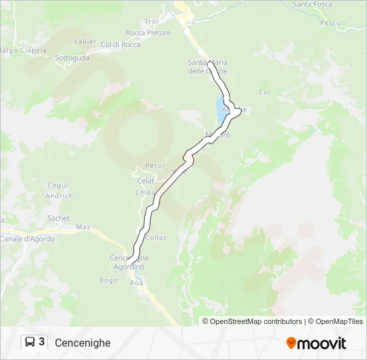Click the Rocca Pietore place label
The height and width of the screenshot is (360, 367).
[x=147, y=33]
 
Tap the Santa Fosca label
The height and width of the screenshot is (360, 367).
[x=312, y=4]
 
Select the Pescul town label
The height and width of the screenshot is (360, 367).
[x=331, y=23]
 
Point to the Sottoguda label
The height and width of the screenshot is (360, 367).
[x=72, y=58]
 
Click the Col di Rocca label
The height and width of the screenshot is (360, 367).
[x=121, y=45]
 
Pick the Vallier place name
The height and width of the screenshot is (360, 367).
[x=85, y=41]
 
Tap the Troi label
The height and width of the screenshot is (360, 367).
[x=151, y=21]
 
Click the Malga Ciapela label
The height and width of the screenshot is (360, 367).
[x=23, y=50]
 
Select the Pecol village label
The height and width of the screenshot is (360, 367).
[x=155, y=165]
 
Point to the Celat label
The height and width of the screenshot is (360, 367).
[x=145, y=181]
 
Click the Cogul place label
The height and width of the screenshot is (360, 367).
[x=58, y=185]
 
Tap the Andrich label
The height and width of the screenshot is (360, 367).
[x=59, y=196]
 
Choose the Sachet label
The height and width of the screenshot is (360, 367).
[x=59, y=218]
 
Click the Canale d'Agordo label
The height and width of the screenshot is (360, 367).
[x=28, y=239]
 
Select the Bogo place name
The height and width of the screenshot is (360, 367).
[x=108, y=280]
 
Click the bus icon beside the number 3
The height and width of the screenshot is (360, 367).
[x=30, y=343]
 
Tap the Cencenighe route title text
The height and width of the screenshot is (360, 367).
[x=83, y=343]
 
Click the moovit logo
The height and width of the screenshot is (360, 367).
[x=316, y=343]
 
